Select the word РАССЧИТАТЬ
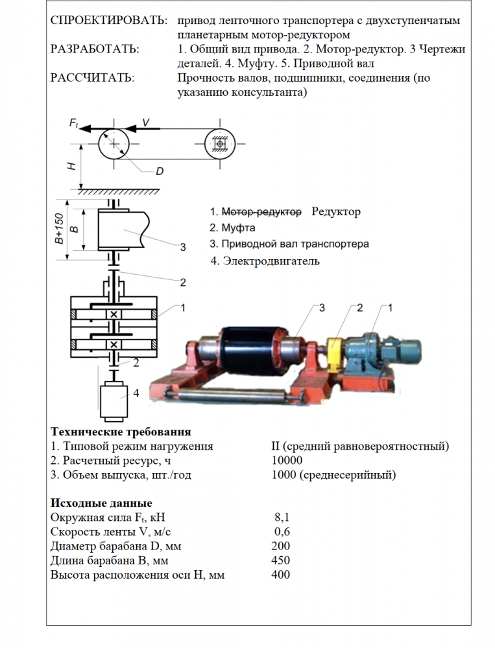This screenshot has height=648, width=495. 92,78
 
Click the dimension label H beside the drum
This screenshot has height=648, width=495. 71,165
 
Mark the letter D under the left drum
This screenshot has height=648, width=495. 159,172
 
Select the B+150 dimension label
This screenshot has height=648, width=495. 58,229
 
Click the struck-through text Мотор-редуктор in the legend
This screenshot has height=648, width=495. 261,212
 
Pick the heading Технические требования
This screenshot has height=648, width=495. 121,432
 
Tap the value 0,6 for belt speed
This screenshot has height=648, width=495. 282,532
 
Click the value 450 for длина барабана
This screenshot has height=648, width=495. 281,561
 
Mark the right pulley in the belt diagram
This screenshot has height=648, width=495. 221,142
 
